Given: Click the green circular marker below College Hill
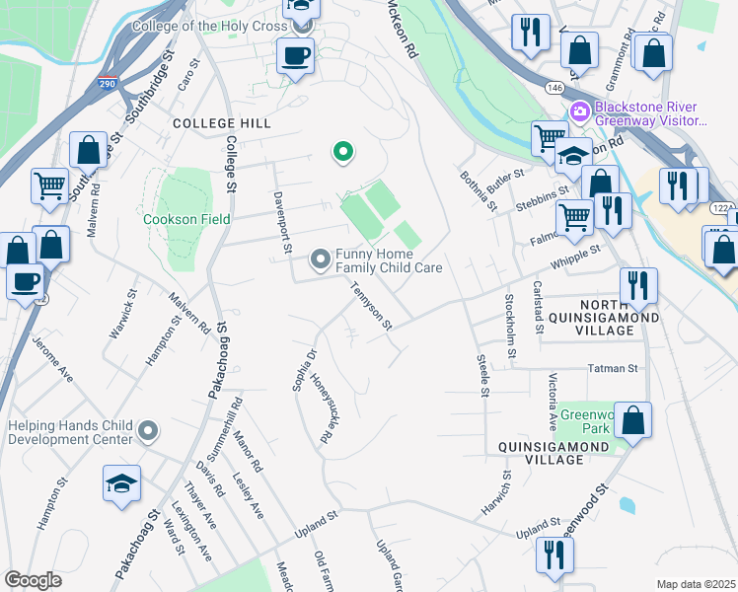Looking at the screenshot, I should [x=342, y=152].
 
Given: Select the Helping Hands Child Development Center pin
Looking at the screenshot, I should [x=148, y=431].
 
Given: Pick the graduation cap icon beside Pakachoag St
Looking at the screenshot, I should [x=121, y=482].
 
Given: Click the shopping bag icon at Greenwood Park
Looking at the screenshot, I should [x=633, y=419].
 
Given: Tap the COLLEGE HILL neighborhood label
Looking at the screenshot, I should [x=221, y=123].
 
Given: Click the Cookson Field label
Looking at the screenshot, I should [x=186, y=219].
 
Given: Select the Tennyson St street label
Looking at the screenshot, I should [x=373, y=306].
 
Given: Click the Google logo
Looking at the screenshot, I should [x=33, y=580].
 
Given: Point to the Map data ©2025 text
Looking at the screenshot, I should [x=695, y=584].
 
